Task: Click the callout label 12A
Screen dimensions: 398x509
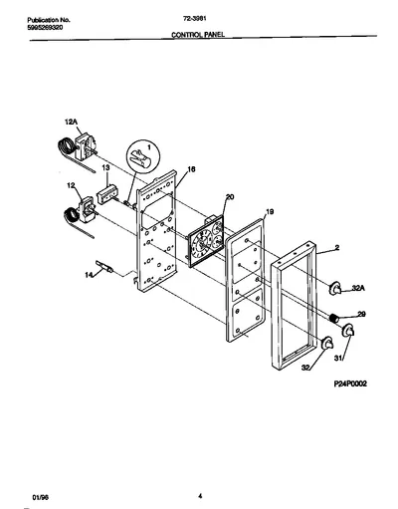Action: [71, 123]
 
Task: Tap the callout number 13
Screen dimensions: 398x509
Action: [105, 168]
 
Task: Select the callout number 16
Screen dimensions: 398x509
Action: [191, 169]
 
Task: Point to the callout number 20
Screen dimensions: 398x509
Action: [230, 197]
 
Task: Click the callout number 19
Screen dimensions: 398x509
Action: [270, 211]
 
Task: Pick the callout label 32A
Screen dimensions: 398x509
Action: [358, 288]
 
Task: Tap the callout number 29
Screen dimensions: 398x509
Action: [361, 314]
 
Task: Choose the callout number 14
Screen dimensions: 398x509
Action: [89, 275]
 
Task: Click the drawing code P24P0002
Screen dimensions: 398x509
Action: [350, 383]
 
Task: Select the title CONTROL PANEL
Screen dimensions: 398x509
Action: [198, 34]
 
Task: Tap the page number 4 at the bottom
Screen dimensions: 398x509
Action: [200, 496]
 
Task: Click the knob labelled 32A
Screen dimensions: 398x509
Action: [335, 288]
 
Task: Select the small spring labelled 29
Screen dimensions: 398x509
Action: [334, 318]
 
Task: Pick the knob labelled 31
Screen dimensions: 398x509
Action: [348, 330]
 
